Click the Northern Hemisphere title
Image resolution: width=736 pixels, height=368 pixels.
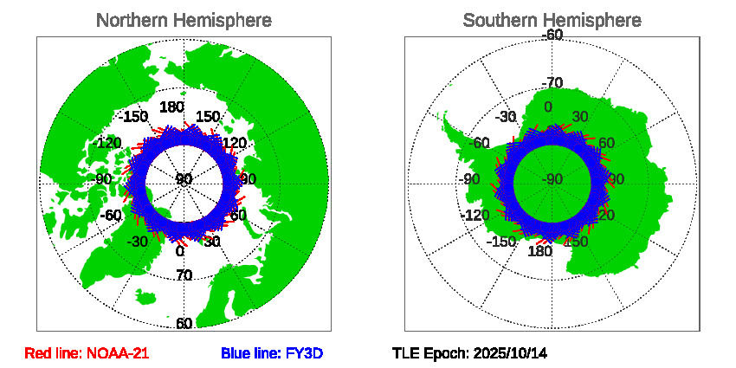coord(184,20)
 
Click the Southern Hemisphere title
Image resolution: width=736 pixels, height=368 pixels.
coord(552,20)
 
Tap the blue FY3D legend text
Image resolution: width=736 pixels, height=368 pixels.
coord(272,353)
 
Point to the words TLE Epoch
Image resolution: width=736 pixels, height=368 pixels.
coord(429,353)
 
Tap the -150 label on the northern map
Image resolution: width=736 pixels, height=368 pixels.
coord(133,117)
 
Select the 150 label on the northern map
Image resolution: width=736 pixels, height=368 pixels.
coord(208,117)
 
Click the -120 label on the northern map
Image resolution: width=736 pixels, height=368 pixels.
coord(108,143)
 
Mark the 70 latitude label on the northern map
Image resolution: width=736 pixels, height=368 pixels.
coord(184,276)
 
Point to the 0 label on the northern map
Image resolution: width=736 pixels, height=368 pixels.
coord(180,252)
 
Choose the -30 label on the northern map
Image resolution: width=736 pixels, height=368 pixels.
coord(137,242)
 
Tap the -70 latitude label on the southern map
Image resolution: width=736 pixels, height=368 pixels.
coord(552,83)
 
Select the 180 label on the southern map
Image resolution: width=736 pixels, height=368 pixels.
coord(539,252)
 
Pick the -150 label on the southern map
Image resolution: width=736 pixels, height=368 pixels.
coord(501,242)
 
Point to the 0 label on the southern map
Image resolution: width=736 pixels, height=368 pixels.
coord(547,107)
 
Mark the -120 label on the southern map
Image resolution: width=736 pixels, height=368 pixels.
coord(477,216)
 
